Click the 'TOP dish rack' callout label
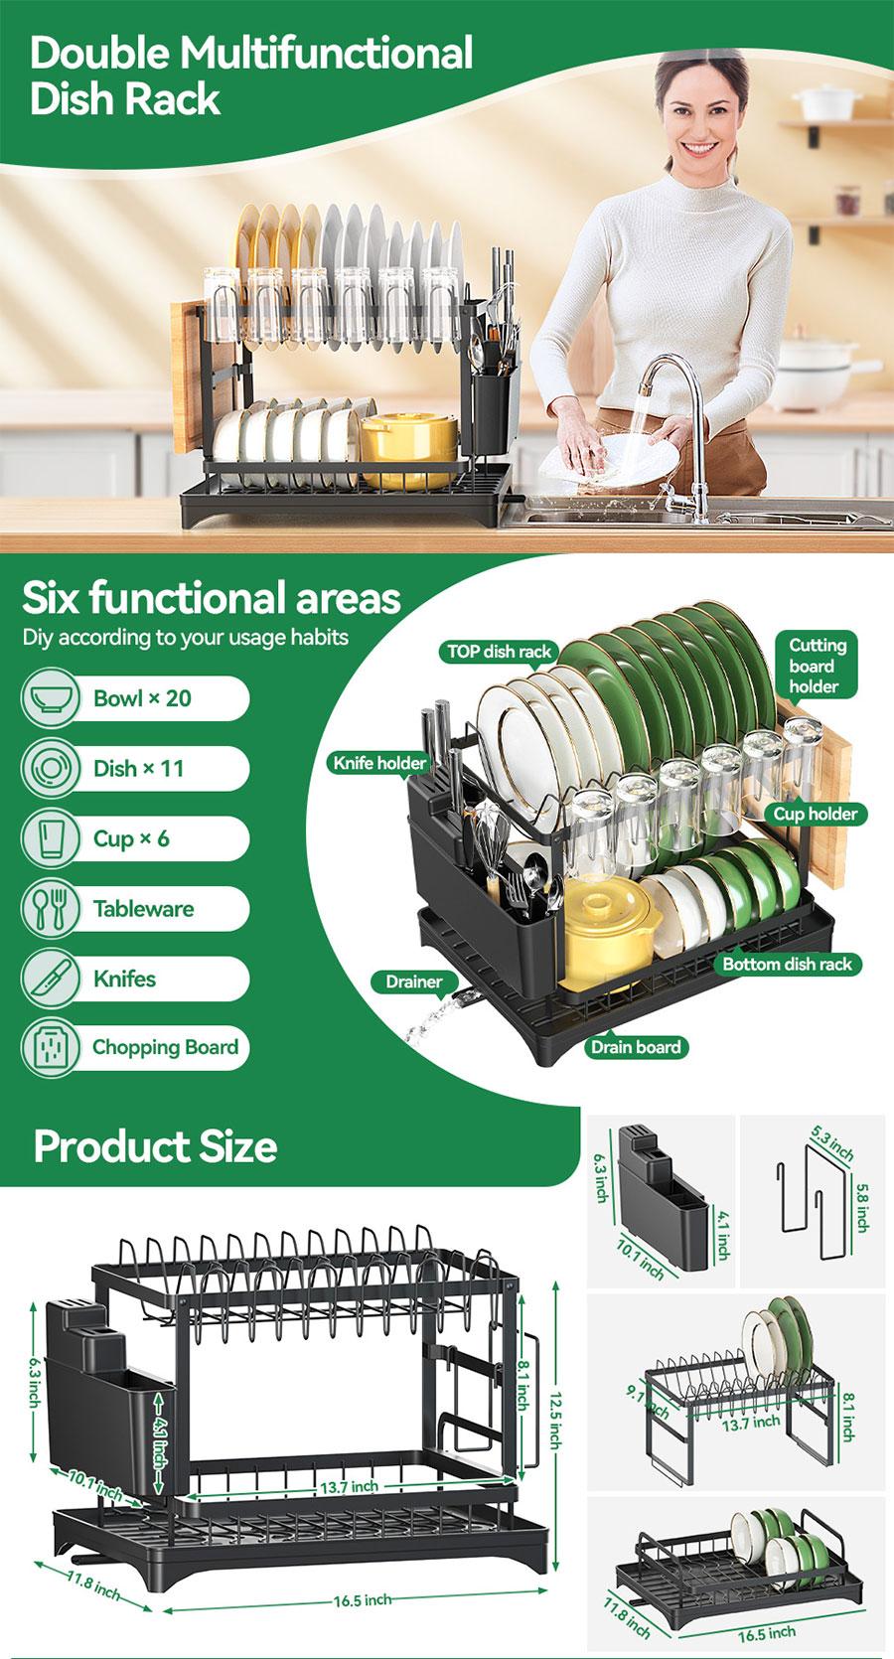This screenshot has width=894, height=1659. click(x=499, y=652)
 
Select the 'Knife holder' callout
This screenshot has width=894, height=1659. click(x=379, y=763)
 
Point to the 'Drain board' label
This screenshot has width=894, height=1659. click(x=636, y=1046)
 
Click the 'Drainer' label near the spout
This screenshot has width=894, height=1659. click(x=413, y=981)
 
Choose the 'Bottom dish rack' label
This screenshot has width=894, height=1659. click(x=787, y=964)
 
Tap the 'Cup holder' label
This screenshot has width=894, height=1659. click(x=815, y=814)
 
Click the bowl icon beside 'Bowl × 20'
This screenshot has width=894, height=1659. click(x=50, y=698)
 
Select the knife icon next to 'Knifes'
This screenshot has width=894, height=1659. click(x=50, y=979)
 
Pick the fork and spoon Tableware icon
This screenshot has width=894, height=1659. click(x=50, y=908)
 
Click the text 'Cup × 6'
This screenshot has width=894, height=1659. click(x=131, y=838)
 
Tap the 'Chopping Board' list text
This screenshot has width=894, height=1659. click(x=165, y=1047)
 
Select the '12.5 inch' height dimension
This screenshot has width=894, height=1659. click(x=555, y=1422)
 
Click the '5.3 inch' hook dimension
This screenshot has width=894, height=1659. click(x=832, y=1144)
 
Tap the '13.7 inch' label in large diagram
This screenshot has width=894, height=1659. click(x=349, y=1487)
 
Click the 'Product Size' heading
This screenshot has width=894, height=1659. click(x=156, y=1146)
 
